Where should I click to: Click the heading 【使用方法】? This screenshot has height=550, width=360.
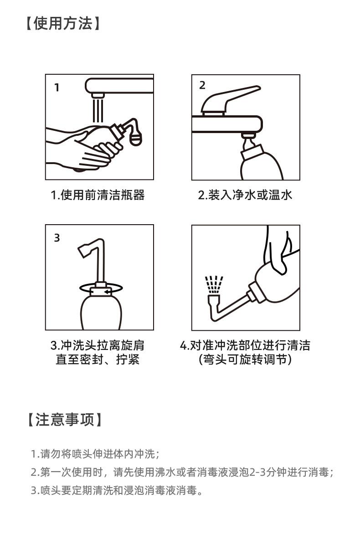pyautogui.click(x=63, y=24)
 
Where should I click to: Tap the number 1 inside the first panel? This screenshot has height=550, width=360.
pyautogui.click(x=57, y=87)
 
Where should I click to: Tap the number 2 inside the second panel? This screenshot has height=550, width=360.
pyautogui.click(x=202, y=85)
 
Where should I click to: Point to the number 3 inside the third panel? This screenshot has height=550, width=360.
pyautogui.click(x=57, y=238)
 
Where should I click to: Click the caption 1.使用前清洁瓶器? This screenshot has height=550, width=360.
pyautogui.click(x=98, y=195)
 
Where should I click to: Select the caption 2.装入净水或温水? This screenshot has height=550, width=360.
pyautogui.click(x=245, y=195)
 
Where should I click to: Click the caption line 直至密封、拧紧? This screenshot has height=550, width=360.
pyautogui.click(x=98, y=360)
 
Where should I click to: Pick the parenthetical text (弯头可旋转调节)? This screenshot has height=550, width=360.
pyautogui.click(x=245, y=360)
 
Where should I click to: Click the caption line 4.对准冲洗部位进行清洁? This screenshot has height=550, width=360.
pyautogui.click(x=245, y=345)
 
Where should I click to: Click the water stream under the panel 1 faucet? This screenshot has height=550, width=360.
pyautogui.click(x=98, y=110)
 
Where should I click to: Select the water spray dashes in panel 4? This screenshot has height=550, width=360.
pyautogui.click(x=214, y=285)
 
